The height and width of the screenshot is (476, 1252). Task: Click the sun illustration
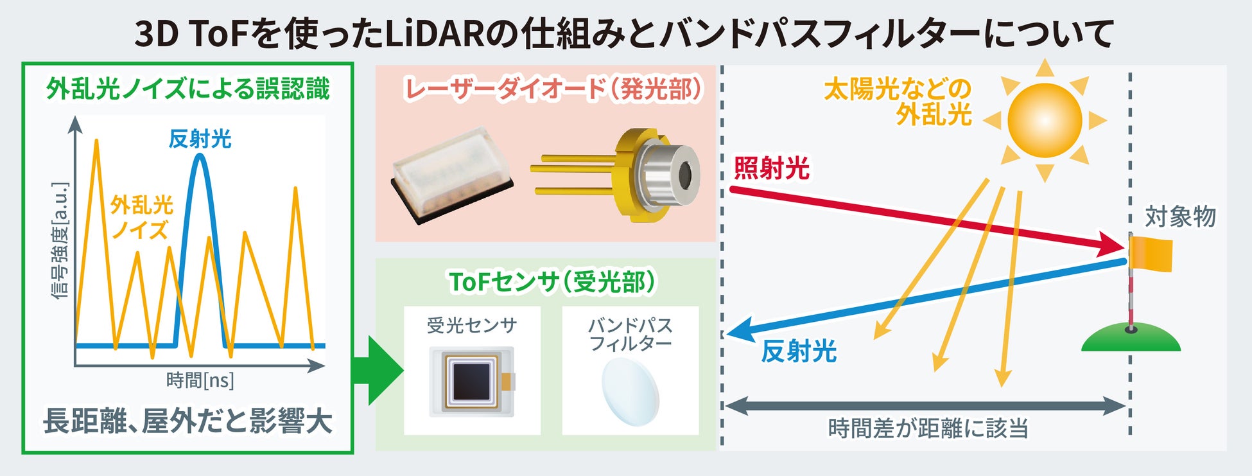[1045, 120]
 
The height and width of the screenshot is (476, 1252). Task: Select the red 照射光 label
[771, 169]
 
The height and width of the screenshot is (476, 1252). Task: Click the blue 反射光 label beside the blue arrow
[799, 352]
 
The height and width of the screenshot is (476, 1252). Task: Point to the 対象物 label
[1180, 217]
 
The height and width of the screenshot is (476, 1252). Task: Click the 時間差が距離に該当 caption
[928, 428]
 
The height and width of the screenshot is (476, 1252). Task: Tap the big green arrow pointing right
[379, 371]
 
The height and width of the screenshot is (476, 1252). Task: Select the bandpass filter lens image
[630, 391]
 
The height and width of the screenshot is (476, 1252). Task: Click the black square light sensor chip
[473, 381]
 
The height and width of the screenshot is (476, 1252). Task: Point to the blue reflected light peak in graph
[200, 167]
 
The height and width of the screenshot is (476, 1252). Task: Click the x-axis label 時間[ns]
[200, 381]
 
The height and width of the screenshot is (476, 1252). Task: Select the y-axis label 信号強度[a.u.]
[60, 241]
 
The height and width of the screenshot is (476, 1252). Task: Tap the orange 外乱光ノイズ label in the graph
[141, 217]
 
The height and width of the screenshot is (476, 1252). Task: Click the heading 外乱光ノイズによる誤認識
[187, 89]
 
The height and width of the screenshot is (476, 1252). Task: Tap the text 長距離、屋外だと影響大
[187, 422]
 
